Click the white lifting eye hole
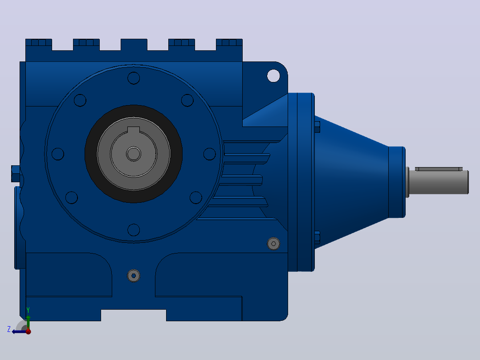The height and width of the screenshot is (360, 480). click(273, 76)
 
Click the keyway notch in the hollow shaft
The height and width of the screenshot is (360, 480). click(134, 130)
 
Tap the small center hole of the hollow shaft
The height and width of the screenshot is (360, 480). click(134, 154)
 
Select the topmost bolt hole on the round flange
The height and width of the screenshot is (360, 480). click(134, 78)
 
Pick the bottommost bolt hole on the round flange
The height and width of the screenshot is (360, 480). click(134, 230)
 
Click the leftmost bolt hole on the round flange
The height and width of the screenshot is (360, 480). click(58, 154)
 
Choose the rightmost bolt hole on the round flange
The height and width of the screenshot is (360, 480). click(210, 154)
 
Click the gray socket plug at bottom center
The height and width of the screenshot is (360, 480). click(134, 276)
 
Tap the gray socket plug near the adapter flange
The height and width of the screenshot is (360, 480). click(273, 244)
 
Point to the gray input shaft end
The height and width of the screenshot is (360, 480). click(438, 182)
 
